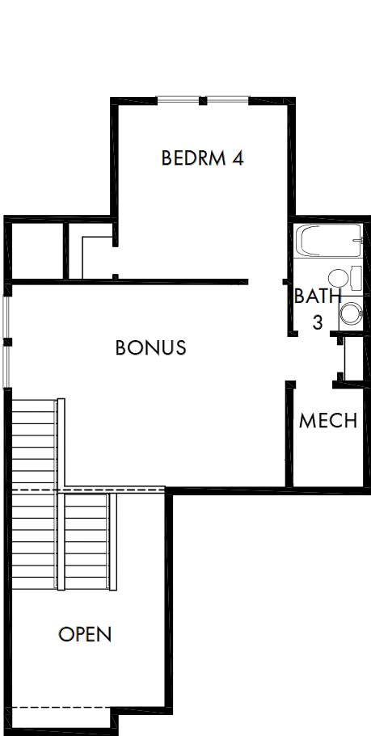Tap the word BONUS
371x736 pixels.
[151, 348]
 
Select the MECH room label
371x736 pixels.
[328, 421]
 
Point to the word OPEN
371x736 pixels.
[85, 634]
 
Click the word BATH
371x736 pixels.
[312, 297]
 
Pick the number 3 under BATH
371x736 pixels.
[318, 322]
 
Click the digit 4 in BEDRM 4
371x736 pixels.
[238, 158]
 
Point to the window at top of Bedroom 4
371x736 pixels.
[202, 101]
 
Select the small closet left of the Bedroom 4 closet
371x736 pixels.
[36, 250]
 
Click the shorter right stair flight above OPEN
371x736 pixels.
[86, 541]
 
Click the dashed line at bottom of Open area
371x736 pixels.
[61, 708]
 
